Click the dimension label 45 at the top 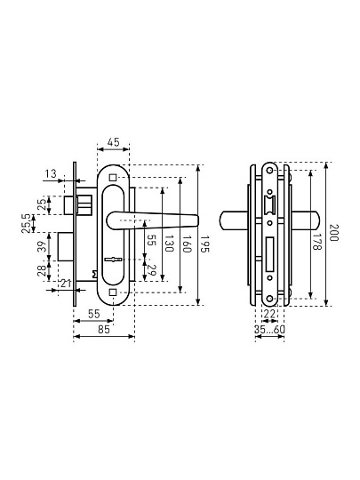[113, 142]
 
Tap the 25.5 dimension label [27, 223]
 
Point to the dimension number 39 [43, 246]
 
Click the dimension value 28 [42, 271]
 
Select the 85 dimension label [104, 330]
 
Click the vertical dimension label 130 [169, 244]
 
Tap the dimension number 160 [187, 244]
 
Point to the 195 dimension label [204, 244]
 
